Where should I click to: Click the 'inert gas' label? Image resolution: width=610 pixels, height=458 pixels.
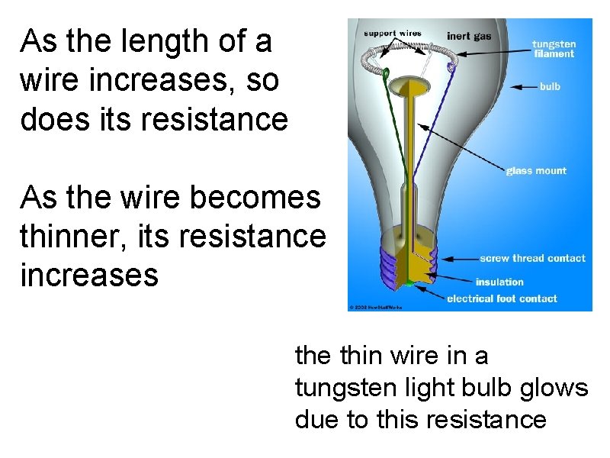[469, 36]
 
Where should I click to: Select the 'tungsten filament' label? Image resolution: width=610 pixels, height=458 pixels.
[554, 49]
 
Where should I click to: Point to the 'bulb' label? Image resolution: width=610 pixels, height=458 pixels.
[550, 86]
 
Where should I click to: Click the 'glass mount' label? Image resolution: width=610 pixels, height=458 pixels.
[536, 171]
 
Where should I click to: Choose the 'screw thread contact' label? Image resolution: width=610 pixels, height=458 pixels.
[532, 258]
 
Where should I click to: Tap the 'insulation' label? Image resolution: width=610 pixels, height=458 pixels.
[499, 282]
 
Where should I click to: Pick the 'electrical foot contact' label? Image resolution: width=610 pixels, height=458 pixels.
[502, 298]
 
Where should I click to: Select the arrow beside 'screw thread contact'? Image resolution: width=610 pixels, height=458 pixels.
[454, 259]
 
